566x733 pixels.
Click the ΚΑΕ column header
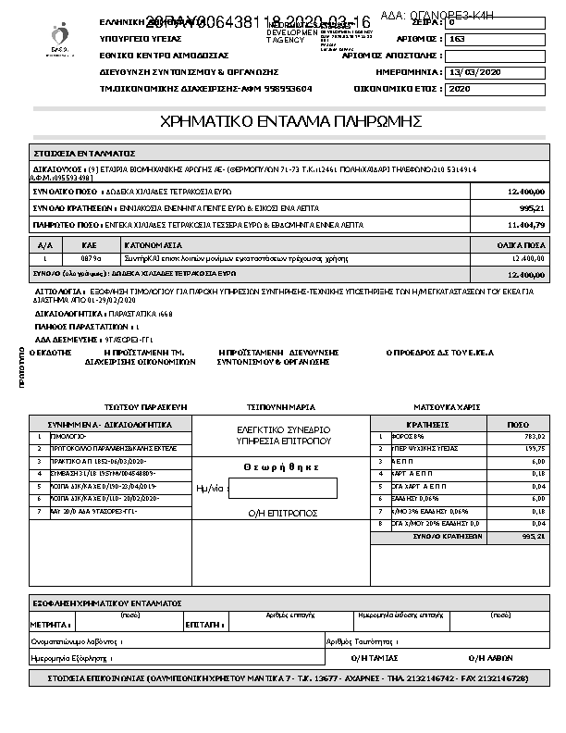[x=89, y=246]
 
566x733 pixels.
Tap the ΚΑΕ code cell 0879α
[x=89, y=259]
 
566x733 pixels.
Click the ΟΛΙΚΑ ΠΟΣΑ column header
[x=525, y=246]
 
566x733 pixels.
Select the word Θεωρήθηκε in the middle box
[x=282, y=467]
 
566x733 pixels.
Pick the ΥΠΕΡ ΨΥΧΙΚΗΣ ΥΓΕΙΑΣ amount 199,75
[x=534, y=448]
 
